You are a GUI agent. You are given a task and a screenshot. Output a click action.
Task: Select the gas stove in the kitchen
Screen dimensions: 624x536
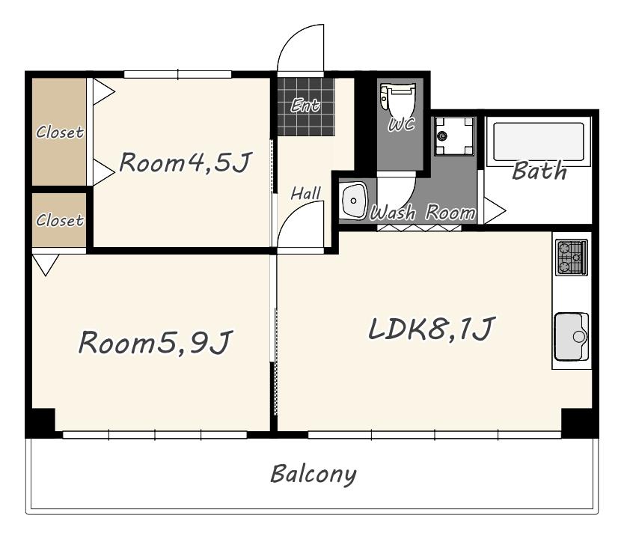pyautogui.click(x=572, y=258)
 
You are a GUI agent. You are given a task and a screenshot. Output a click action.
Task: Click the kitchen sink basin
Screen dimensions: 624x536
pyautogui.click(x=572, y=336)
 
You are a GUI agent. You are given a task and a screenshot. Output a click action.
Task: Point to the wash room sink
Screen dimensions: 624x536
pyautogui.click(x=353, y=201)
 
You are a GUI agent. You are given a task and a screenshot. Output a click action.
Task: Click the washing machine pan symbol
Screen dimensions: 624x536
pyautogui.click(x=454, y=135)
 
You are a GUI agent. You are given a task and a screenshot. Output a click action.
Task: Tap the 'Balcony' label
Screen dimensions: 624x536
pyautogui.click(x=313, y=475)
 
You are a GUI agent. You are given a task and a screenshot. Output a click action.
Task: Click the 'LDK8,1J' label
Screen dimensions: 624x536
pyautogui.click(x=432, y=329)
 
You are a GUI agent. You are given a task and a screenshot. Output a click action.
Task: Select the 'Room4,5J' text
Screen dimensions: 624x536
pyautogui.click(x=186, y=163)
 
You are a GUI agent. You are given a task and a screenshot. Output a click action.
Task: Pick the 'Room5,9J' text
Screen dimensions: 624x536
pyautogui.click(x=155, y=342)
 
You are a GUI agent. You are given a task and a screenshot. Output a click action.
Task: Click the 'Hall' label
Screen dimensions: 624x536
pyautogui.click(x=305, y=194)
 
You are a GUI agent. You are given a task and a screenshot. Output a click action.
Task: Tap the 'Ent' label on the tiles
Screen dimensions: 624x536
pyautogui.click(x=305, y=105)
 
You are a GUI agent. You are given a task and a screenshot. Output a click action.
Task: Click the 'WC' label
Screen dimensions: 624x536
pyautogui.click(x=402, y=124)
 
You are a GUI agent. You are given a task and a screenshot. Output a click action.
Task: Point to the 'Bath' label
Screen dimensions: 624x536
pyautogui.click(x=539, y=171)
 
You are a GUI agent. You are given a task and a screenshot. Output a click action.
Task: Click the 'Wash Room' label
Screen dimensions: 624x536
pyautogui.click(x=423, y=213)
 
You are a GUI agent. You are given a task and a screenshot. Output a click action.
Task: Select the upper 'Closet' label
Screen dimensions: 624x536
pyautogui.click(x=60, y=132)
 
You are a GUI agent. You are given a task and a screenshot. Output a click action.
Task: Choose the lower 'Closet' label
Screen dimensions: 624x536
pyautogui.click(x=60, y=220)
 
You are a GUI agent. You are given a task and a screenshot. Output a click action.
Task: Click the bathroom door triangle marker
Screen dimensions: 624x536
pyautogui.click(x=495, y=210)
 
